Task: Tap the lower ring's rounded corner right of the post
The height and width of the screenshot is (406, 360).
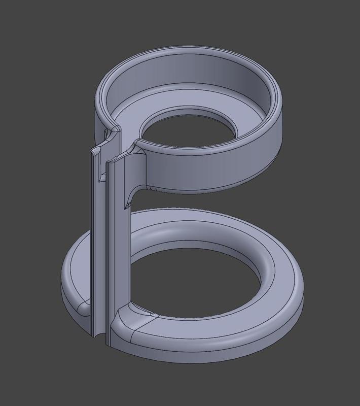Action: click(124, 325)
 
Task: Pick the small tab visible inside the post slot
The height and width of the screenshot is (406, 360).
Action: click(101, 178)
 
